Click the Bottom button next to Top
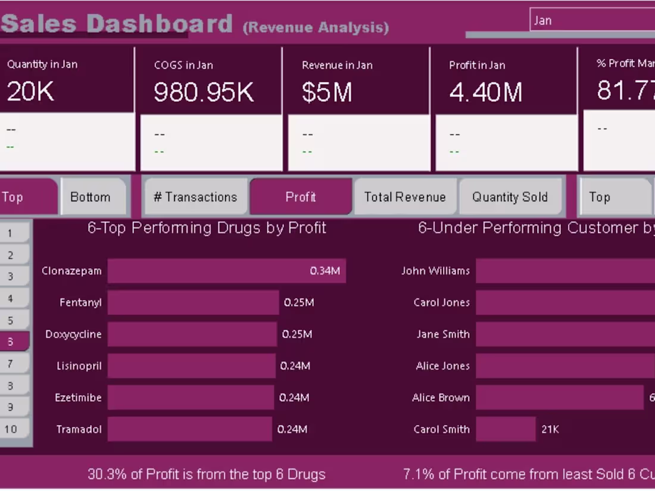91,197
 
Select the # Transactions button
195,197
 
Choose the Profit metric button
301,197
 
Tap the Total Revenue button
405,197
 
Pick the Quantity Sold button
510,197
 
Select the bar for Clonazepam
226,271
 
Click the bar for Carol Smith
506,429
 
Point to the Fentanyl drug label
80,302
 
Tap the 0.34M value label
325,271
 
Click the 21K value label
550,429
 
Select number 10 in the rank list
11,429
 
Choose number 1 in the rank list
10,233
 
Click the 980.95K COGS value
204,92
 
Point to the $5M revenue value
326,92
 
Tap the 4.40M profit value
485,92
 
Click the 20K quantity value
30,92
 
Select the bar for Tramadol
189,429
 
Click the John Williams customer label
435,271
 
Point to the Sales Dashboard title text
117,24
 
